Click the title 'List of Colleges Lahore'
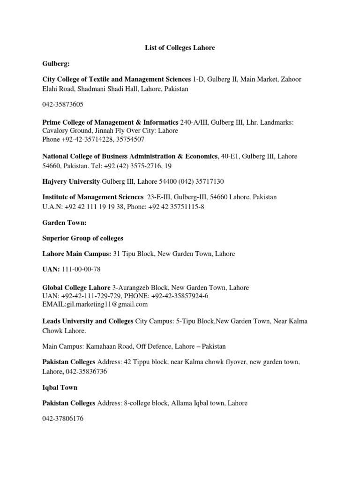click(x=180, y=48)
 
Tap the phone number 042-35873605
click(x=63, y=105)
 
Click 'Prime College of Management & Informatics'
click(x=111, y=122)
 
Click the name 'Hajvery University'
click(x=71, y=181)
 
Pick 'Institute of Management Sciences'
click(x=93, y=197)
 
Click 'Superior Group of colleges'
click(x=83, y=238)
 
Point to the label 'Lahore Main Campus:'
click(x=76, y=254)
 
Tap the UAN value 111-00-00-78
click(x=81, y=269)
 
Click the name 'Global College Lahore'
click(x=76, y=287)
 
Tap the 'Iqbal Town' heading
click(x=60, y=388)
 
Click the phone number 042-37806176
click(x=63, y=419)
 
